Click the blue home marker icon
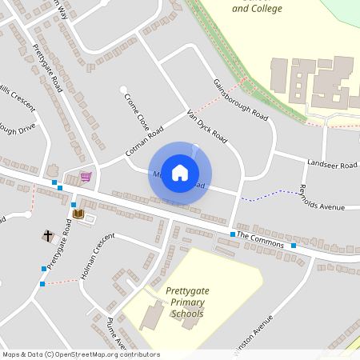click(180, 173)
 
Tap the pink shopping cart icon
click(86, 176)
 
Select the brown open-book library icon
click(78, 214)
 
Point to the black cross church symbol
click(47, 236)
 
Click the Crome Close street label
click(137, 112)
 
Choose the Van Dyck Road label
click(206, 126)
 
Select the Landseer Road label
click(331, 164)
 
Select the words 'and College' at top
click(258, 9)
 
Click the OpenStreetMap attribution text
click(80, 354)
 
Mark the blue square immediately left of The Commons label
click(233, 234)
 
